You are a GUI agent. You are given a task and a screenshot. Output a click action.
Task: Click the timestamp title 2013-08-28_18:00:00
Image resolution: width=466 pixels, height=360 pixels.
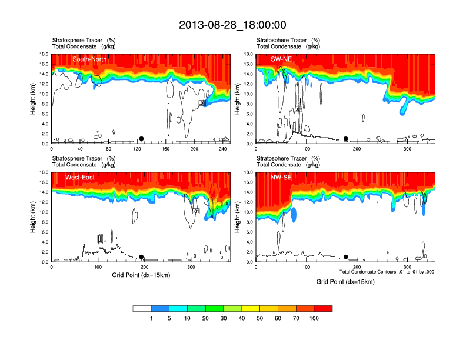232,25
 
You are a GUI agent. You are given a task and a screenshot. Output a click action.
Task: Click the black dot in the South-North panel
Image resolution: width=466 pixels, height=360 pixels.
141,139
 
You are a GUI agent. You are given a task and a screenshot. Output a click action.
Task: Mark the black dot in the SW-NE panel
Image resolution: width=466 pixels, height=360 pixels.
346,139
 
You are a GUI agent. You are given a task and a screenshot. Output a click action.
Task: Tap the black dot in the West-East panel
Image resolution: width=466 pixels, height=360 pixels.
141,257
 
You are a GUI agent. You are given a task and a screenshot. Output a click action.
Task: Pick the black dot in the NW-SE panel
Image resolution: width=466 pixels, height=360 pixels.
346,257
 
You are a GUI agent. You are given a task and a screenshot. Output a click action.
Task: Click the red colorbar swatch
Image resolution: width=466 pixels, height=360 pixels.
323,308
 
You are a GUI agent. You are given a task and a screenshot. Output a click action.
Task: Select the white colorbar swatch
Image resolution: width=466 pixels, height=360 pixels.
142,308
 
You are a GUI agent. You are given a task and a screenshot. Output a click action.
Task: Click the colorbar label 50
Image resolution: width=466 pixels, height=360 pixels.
260,318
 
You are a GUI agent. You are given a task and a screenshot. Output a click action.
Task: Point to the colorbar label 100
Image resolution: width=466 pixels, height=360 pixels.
314,318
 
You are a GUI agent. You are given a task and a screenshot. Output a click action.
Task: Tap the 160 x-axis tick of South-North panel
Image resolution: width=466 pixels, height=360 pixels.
166,149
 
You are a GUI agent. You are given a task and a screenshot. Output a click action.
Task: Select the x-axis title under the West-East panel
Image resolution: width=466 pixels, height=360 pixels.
141,275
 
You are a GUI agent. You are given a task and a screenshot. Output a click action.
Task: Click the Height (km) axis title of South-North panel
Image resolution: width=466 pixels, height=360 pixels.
34,99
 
